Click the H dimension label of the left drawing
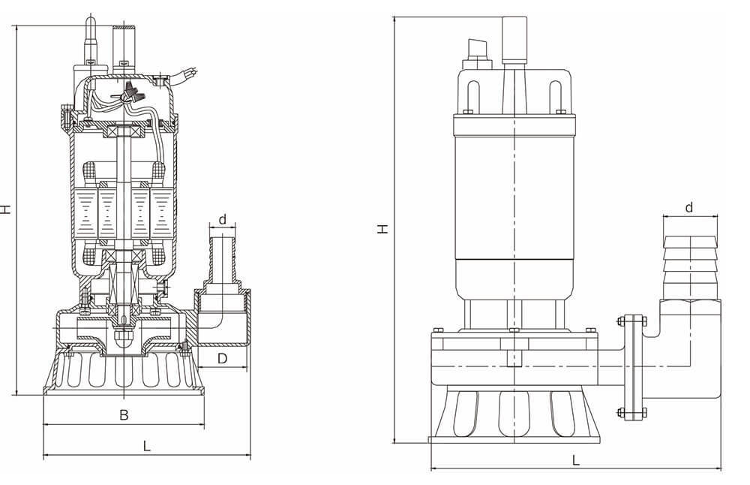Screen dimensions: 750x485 coord(5,209)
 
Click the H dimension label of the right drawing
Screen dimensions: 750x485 coord(382,229)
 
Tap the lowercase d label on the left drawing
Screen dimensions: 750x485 coord(223,220)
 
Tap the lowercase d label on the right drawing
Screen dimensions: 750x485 coord(688,207)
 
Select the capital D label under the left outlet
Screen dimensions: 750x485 coord(223,358)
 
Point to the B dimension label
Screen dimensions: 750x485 coord(124,414)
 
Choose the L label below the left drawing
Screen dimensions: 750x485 coord(147,446)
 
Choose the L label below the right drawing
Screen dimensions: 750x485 coord(576,460)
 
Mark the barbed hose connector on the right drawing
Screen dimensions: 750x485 coord(691,267)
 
